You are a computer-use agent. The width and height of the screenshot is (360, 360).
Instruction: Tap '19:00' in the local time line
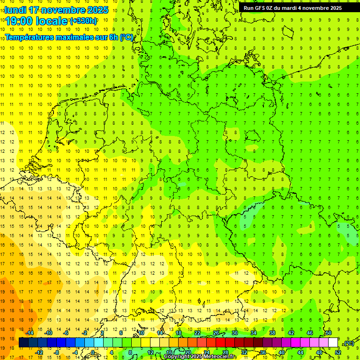click(x=20, y=21)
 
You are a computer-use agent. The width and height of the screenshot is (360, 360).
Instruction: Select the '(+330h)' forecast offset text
click(x=83, y=21)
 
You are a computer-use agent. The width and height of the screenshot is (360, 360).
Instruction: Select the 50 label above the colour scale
click(x=329, y=333)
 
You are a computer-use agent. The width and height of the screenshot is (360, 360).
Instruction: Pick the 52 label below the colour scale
click(x=337, y=352)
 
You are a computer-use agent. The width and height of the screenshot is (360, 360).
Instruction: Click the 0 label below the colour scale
click(x=93, y=352)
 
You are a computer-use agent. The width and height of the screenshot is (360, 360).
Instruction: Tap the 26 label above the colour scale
click(x=216, y=333)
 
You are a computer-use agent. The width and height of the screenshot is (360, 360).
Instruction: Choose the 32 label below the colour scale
click(x=244, y=352)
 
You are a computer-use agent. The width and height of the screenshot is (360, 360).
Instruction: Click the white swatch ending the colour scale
click(x=333, y=342)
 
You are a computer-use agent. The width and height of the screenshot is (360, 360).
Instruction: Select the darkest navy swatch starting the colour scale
click(x=23, y=342)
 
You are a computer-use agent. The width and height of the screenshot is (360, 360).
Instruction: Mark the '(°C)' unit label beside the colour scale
click(x=348, y=343)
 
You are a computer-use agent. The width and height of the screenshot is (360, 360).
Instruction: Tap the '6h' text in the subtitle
click(x=114, y=37)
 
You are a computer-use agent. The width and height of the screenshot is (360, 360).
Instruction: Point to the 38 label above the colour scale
click(x=272, y=333)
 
